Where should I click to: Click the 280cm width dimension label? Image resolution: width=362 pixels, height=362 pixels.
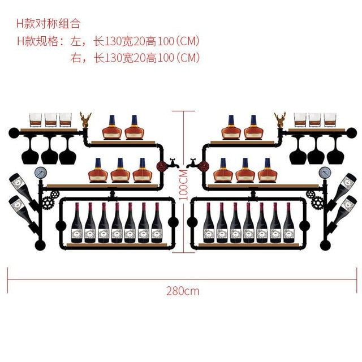(x=183, y=291)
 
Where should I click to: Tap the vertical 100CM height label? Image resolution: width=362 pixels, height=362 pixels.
(x=183, y=185)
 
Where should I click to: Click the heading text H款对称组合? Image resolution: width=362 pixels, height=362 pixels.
(x=48, y=24)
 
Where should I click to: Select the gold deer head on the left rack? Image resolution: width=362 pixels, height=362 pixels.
(x=85, y=120)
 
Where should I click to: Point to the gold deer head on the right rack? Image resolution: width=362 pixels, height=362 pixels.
(x=280, y=120)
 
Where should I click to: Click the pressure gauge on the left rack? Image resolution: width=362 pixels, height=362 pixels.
(x=41, y=173)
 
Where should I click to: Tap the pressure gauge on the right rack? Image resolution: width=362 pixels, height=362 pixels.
(x=325, y=173)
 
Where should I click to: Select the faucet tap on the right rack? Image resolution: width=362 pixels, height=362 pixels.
(x=192, y=163)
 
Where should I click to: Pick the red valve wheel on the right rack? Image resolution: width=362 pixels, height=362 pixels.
(x=204, y=166)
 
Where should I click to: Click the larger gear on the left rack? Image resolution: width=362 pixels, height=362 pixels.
(x=48, y=202)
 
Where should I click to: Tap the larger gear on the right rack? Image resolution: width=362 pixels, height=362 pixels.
(x=317, y=202)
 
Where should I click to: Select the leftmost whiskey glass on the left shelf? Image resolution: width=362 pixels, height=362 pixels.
(x=36, y=120)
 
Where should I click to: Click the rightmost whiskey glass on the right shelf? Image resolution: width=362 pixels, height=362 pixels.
(x=330, y=120)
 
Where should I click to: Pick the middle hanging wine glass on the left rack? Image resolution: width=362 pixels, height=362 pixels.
(x=50, y=150)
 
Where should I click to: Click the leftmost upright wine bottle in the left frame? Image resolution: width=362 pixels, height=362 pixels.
(x=77, y=223)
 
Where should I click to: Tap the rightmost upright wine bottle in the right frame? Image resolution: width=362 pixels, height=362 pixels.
(x=288, y=223)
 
